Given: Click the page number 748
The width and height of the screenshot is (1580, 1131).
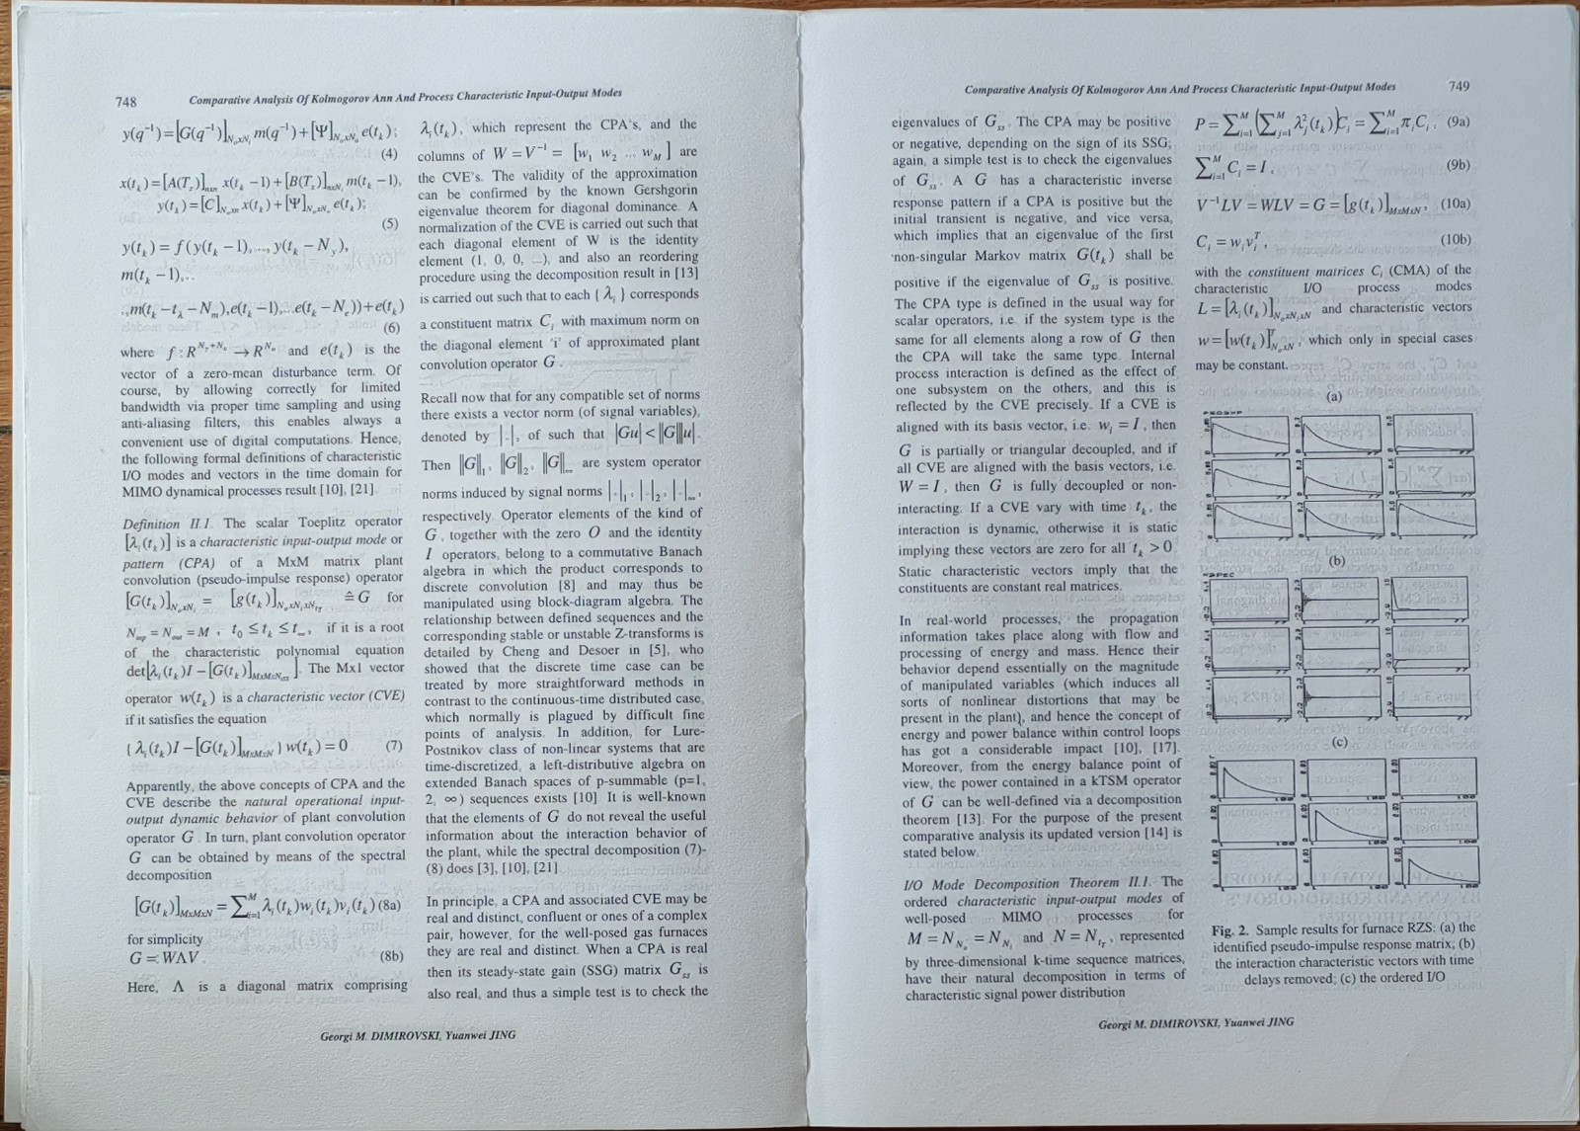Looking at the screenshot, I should [126, 102].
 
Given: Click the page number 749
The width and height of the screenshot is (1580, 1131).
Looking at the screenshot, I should [1459, 86].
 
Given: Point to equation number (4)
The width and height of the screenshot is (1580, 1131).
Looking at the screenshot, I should [390, 153].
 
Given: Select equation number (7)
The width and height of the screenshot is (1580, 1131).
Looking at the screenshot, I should [393, 745].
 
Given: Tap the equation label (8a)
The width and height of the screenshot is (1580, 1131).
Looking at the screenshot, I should [390, 904].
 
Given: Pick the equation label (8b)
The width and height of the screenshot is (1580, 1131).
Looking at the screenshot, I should [392, 955].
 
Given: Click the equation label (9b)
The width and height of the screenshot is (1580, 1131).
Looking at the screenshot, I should [1458, 165].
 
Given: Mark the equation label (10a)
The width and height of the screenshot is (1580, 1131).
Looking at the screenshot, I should [1455, 204].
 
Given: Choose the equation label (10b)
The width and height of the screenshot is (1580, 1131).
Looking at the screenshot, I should [1456, 240].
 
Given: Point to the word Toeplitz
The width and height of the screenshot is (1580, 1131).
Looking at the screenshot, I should [323, 523].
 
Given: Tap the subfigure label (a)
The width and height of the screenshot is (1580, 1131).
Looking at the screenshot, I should [1334, 396].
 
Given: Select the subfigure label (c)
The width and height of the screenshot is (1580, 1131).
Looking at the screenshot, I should [1339, 742].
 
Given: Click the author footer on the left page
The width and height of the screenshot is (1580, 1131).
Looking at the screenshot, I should [418, 1035].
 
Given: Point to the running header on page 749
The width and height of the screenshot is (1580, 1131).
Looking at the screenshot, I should [1180, 89].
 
